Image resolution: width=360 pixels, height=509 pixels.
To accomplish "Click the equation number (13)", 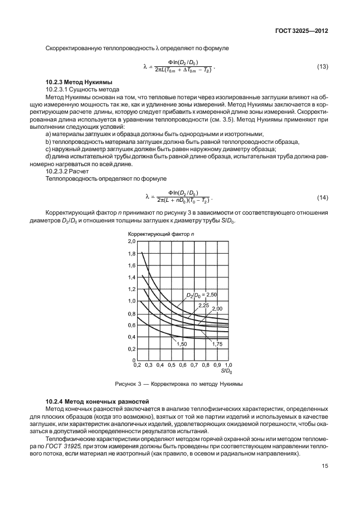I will point(322,67).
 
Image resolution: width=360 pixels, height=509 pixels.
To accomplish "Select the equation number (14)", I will point(322,198).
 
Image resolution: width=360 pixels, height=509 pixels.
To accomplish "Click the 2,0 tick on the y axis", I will point(132,241).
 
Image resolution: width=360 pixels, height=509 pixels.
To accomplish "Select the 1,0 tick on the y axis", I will point(132,301).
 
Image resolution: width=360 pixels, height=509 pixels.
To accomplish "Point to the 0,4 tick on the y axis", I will point(132,337).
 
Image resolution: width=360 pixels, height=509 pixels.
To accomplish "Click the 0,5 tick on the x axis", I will point(171,365).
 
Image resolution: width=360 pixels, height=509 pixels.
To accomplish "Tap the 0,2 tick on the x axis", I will point(137,365).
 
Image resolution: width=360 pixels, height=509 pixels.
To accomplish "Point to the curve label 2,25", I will point(203,305).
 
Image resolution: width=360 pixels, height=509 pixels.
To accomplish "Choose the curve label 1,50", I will point(181,345).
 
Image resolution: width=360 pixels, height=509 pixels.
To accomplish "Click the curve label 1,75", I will point(217,345).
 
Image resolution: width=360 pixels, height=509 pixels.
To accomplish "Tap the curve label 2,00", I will point(217,309).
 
